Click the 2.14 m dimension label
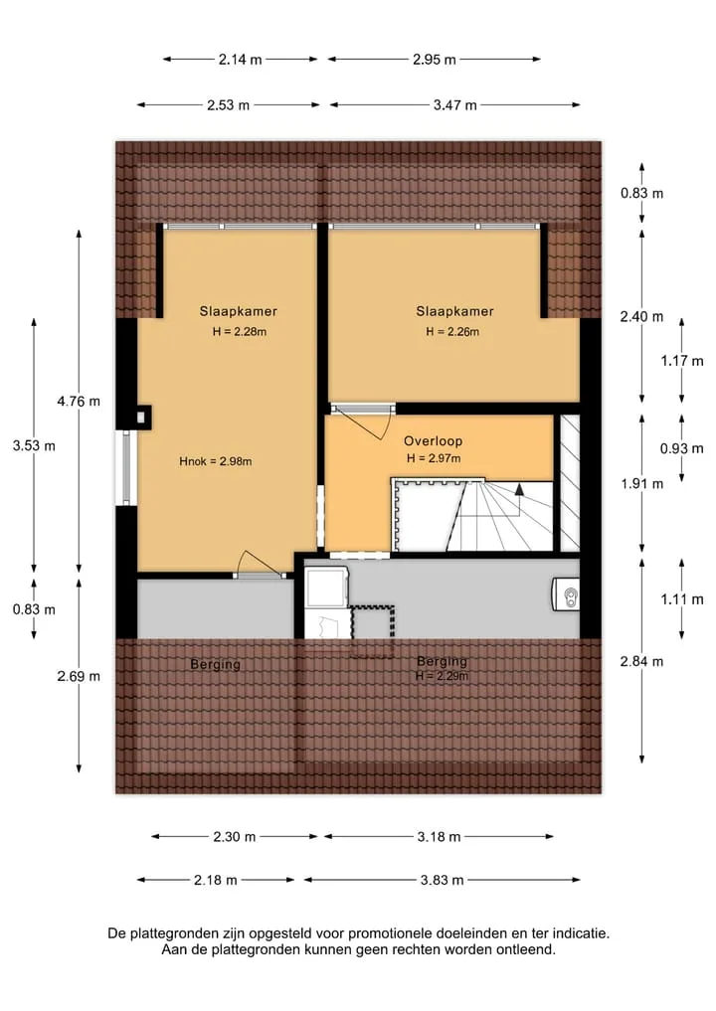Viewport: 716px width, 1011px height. coord(240,60)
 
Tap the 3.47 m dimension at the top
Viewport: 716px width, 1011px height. coord(454,105)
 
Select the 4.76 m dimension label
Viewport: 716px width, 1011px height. coord(79,401)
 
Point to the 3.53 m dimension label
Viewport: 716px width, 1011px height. coord(34,445)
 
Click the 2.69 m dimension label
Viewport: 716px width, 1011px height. coord(79,676)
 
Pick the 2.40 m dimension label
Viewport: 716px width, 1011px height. coord(641,316)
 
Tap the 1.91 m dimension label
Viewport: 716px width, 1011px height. coord(641,483)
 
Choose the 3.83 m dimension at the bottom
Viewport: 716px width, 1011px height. coord(442,880)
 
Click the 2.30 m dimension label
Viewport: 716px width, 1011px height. coord(234,837)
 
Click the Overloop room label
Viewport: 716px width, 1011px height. coord(433,441)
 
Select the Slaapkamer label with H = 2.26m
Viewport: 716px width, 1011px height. coord(454,311)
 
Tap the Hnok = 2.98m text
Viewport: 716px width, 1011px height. coord(216,461)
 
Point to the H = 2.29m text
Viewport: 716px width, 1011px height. coord(442,676)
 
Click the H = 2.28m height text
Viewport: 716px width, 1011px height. coord(240,332)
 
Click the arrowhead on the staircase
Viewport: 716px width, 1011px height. coord(519,489)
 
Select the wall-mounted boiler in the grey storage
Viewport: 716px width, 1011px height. coord(566,593)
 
